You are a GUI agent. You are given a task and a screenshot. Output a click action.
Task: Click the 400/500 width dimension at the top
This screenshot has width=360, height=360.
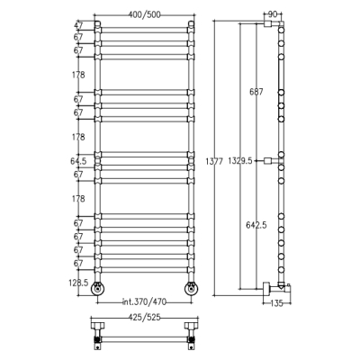click(x=145, y=14)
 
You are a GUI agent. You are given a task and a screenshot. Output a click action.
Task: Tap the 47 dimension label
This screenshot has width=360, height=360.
click(x=78, y=25)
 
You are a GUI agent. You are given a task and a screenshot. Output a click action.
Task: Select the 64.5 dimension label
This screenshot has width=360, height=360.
click(x=78, y=161)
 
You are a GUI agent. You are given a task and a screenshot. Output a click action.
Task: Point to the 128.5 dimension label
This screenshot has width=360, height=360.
click(x=79, y=283)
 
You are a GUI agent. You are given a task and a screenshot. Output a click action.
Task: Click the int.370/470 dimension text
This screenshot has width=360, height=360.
click(x=144, y=301)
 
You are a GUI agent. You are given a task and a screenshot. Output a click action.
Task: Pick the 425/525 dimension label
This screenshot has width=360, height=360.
click(x=145, y=317)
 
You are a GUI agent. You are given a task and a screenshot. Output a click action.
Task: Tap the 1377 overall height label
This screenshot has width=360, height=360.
click(x=214, y=161)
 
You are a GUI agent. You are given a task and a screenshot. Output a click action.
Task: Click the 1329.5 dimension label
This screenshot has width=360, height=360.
click(x=240, y=161)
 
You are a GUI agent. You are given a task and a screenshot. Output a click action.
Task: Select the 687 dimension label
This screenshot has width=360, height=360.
click(x=256, y=92)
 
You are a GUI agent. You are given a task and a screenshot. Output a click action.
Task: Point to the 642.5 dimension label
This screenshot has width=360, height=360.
click(x=256, y=225)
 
